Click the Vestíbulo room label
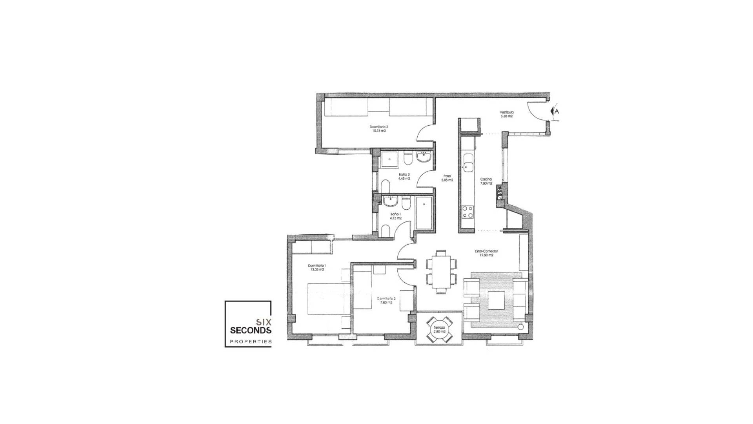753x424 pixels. [507, 112]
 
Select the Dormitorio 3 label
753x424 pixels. [379, 127]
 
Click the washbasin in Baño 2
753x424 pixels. [424, 158]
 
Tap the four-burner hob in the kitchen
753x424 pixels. [467, 212]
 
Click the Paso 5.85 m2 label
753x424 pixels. [447, 178]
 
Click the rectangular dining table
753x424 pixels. [442, 271]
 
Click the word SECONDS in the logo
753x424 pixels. [251, 330]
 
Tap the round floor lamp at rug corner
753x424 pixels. [520, 327]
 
